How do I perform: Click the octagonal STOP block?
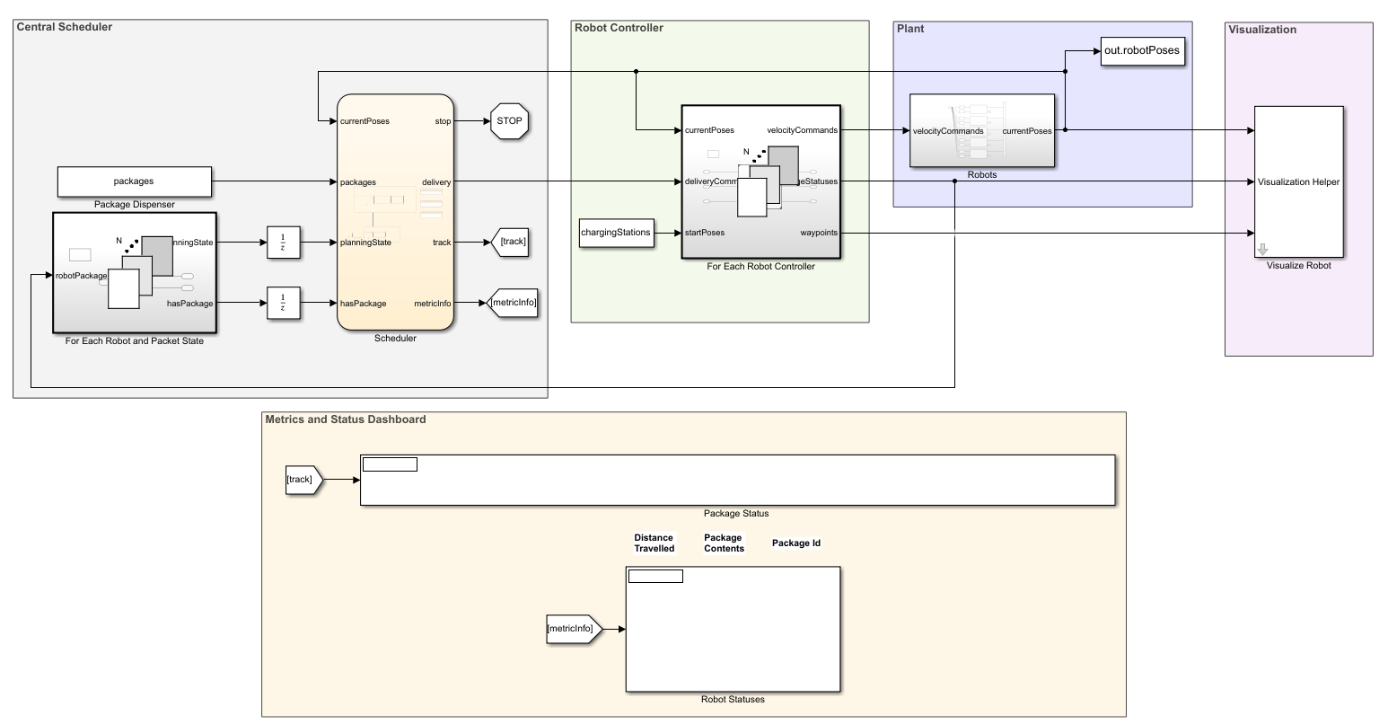click(x=509, y=120)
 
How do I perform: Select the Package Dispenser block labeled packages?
click(x=134, y=181)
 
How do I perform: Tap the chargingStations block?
click(x=615, y=233)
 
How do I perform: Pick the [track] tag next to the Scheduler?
click(x=512, y=242)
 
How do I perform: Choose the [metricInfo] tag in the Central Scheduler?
click(x=513, y=304)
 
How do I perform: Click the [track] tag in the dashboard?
click(x=302, y=480)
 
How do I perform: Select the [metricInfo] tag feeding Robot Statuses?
click(x=573, y=629)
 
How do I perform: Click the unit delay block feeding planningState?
click(x=283, y=242)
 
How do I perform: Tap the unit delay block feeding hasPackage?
click(x=283, y=304)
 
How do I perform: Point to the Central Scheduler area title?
click(x=65, y=27)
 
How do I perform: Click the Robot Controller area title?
click(x=619, y=28)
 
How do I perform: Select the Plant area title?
click(x=910, y=29)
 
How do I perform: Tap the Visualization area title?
click(x=1262, y=30)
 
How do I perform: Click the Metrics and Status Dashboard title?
click(x=346, y=419)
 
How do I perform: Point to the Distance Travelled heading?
click(x=654, y=543)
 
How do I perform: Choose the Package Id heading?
click(x=796, y=543)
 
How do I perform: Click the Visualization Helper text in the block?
click(x=1298, y=182)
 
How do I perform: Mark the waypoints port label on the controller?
click(x=819, y=233)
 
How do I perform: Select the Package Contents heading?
click(x=724, y=543)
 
